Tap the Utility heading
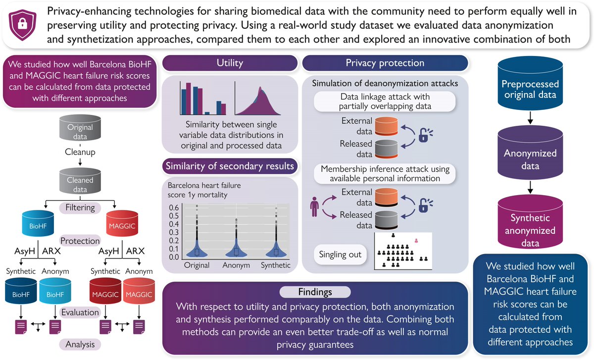click(229, 63)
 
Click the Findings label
click(315, 292)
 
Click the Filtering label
click(80, 207)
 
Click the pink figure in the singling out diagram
click(417, 241)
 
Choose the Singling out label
click(338, 255)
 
